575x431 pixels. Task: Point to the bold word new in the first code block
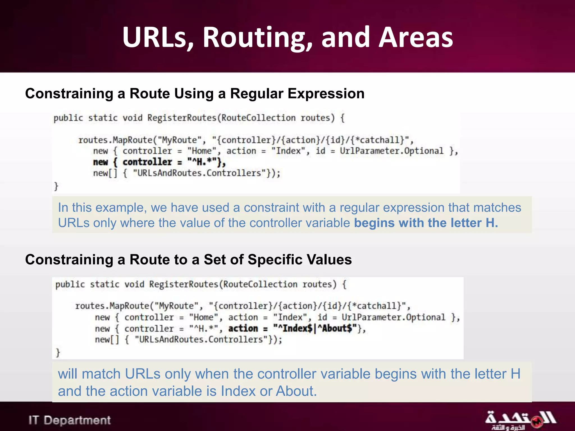101,162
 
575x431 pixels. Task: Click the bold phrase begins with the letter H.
426,223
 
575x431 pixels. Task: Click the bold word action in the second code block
243,328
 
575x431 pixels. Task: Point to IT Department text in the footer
70,420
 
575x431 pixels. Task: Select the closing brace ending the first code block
56,186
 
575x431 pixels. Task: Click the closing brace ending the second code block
58,352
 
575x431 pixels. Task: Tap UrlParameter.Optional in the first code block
391,151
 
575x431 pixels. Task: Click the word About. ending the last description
296,391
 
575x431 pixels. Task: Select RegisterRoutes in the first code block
182,118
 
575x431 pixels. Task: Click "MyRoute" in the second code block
177,306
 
